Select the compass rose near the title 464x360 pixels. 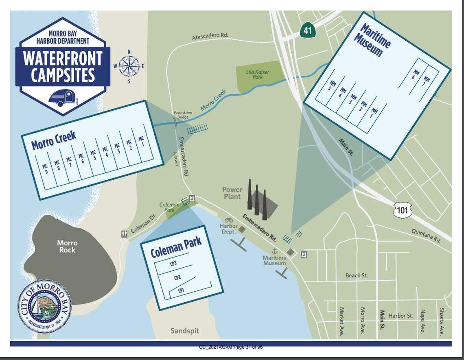[x=129, y=66]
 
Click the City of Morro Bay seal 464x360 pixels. [x=44, y=306]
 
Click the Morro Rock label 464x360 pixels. [x=67, y=246]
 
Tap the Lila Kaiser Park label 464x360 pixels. [x=258, y=74]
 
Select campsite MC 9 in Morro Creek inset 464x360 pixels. [x=45, y=169]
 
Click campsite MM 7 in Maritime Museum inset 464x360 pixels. [x=427, y=81]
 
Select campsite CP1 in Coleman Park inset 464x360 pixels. [x=181, y=290]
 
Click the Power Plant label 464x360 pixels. [x=232, y=193]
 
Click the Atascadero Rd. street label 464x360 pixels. [x=210, y=36]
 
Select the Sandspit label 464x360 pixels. [x=185, y=330]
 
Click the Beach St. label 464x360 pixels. [x=357, y=275]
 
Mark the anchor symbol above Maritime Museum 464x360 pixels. [x=274, y=251]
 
